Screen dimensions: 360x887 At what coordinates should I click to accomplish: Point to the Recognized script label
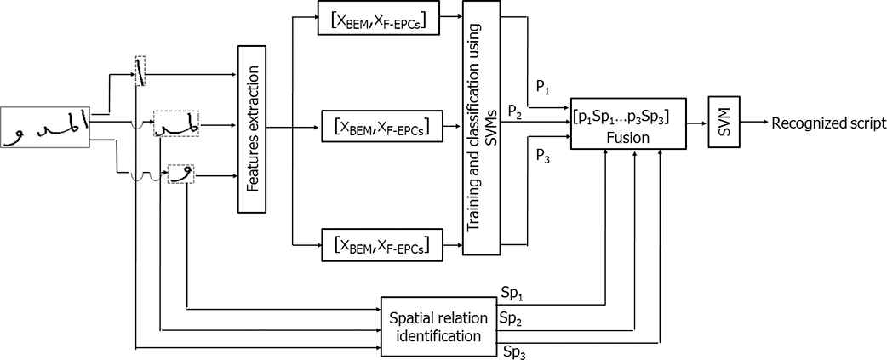(828, 124)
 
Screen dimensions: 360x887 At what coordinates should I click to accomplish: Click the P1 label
(543, 86)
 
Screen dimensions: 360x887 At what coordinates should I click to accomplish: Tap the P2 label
(514, 111)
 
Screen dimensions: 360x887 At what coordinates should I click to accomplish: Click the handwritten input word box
(45, 128)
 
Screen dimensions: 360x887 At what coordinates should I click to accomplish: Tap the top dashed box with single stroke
(140, 71)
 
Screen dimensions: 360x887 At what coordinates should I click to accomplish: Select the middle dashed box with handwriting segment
(175, 124)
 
